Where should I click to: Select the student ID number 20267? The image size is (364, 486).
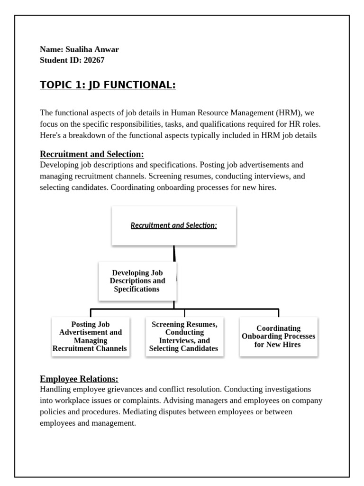coord(94,60)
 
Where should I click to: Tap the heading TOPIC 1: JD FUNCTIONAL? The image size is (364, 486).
coord(108,85)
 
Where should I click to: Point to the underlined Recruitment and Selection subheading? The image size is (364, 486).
coord(92,154)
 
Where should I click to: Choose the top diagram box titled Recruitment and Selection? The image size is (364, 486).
coord(174,225)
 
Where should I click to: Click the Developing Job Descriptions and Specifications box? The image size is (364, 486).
coord(137,281)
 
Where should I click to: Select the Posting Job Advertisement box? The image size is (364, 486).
coord(90,336)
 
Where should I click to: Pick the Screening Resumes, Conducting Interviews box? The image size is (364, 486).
coord(184,336)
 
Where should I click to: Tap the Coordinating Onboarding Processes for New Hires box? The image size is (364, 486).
coord(278,336)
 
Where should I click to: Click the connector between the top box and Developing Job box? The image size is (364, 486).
coord(174,253)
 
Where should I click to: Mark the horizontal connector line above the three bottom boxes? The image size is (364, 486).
coord(185,309)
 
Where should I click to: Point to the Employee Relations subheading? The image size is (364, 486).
coord(79,379)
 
